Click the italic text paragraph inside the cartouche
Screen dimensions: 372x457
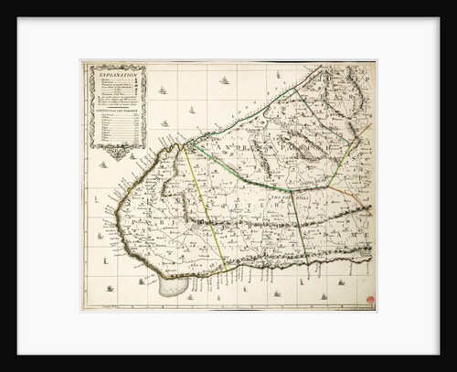(117, 99)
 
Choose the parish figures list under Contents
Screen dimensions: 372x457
(117, 128)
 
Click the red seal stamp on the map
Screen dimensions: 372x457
(369, 300)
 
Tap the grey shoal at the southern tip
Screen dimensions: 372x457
(173, 286)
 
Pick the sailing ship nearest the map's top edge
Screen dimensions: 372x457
(224, 80)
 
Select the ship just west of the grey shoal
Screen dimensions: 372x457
(142, 282)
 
